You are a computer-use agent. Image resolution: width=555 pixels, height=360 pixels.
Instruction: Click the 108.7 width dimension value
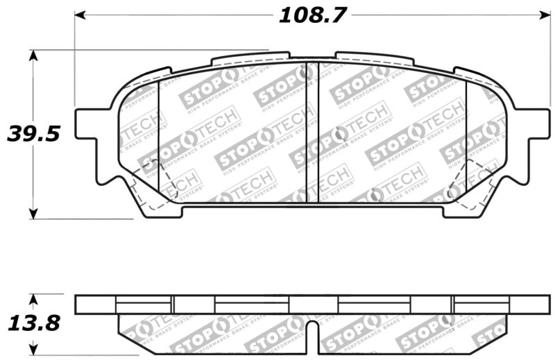point(312,14)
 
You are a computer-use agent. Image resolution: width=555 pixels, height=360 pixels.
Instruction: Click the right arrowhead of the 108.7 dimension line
point(543,14)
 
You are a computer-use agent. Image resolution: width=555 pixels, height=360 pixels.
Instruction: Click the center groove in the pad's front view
point(312,132)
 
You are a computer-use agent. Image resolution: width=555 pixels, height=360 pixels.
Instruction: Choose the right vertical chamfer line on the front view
point(466,132)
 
